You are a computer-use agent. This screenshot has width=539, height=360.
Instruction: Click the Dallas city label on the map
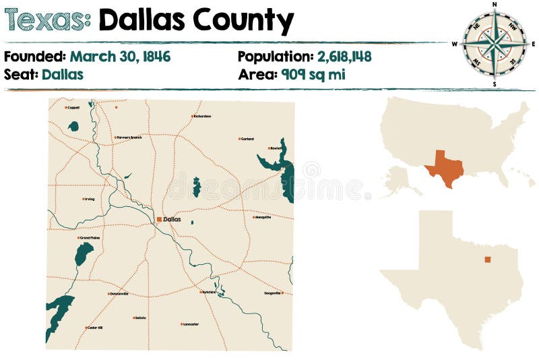[x=172, y=219]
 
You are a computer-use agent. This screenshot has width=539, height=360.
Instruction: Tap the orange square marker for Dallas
[x=159, y=219]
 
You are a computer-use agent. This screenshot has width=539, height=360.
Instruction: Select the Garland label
[x=247, y=139]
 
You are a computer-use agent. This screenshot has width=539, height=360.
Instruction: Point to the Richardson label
[x=202, y=116]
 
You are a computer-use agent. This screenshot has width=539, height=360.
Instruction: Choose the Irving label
[x=90, y=199]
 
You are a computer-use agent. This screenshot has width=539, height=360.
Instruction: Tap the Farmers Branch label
[x=129, y=138]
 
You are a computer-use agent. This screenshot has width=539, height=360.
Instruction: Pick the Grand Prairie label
[x=90, y=237]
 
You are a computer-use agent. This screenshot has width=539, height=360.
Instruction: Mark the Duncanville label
[x=119, y=293]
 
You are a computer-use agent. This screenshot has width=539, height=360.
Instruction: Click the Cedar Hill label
[x=95, y=328]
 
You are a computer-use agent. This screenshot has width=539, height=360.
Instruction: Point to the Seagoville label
[x=273, y=293]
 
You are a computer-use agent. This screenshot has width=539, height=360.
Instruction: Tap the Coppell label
[x=73, y=107]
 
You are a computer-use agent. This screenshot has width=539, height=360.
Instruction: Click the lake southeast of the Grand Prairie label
[x=84, y=253]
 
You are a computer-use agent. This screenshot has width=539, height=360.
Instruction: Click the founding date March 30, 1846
[x=120, y=57]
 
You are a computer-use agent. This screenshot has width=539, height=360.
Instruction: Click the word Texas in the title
[x=47, y=22]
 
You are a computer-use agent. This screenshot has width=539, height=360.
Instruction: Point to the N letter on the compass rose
[x=495, y=5]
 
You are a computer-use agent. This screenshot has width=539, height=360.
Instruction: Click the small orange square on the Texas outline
[x=488, y=259]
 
